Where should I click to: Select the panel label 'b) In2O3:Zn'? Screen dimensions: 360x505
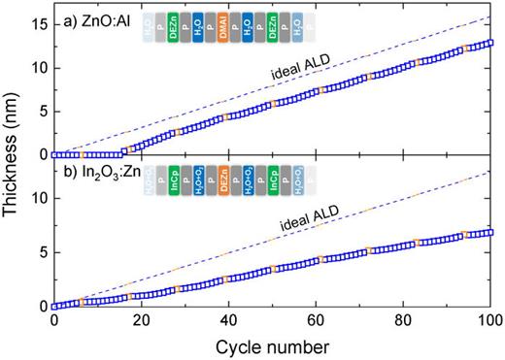tap(97, 177)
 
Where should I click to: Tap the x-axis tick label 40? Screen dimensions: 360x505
tap(228, 322)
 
